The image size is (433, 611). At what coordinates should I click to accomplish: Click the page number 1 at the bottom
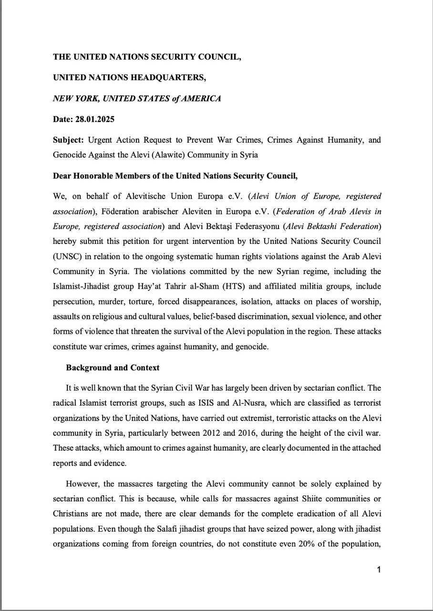(x=378, y=569)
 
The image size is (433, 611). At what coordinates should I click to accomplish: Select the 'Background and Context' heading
(x=113, y=368)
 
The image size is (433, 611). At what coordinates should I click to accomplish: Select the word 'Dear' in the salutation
(x=62, y=176)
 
